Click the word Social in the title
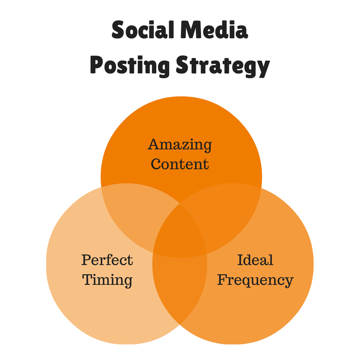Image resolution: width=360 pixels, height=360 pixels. [x=142, y=30]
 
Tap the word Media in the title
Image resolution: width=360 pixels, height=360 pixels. [x=214, y=30]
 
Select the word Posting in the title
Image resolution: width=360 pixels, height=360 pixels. [x=130, y=66]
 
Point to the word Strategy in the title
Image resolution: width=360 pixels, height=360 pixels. [x=222, y=66]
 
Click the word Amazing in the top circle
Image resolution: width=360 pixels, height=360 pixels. [x=180, y=145]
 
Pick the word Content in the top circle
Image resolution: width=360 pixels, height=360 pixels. [x=180, y=164]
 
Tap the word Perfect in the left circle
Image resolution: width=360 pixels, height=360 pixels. [x=107, y=260]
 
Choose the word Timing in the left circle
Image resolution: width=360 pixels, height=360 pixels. [x=107, y=280]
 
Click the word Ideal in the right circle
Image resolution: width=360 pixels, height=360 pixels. [x=255, y=260]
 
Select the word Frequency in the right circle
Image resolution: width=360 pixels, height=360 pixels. [x=255, y=280]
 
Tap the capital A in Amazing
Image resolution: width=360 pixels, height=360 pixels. [x=154, y=144]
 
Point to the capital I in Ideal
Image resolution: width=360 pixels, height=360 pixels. [x=240, y=260]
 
